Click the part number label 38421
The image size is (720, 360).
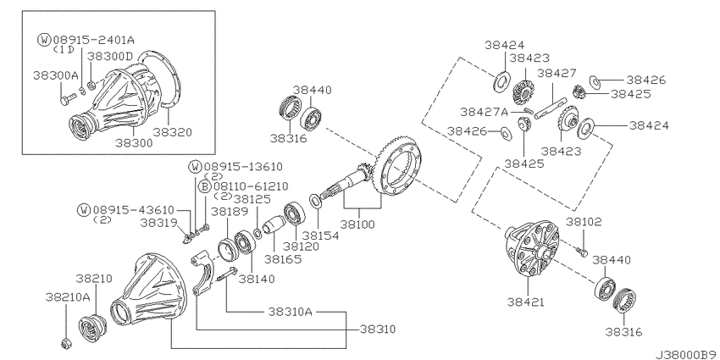tap(526, 302)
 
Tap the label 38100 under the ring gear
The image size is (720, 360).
tap(357, 224)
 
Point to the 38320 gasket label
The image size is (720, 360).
tap(173, 132)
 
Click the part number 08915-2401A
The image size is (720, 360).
tap(94, 40)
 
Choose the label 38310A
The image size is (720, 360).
tap(291, 312)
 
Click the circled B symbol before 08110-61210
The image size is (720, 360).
tap(205, 186)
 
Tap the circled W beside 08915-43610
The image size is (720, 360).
tap(84, 210)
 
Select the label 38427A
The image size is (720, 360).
tap(484, 112)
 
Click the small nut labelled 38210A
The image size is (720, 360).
tap(66, 341)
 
